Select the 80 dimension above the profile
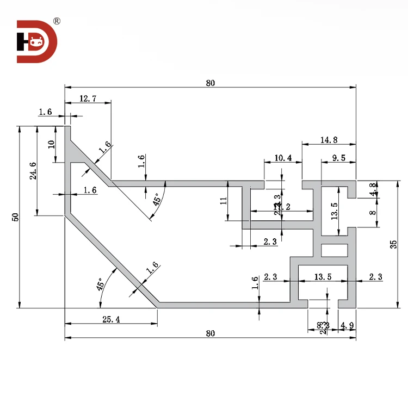point(211,83)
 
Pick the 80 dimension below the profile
point(211,333)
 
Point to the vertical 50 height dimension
point(16,217)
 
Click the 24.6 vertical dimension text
point(33,171)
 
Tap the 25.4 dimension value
point(111,320)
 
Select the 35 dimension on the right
point(393,244)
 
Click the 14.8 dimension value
point(329,140)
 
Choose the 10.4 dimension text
point(283,158)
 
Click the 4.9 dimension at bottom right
point(347,326)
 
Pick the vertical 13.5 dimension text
point(335,210)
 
